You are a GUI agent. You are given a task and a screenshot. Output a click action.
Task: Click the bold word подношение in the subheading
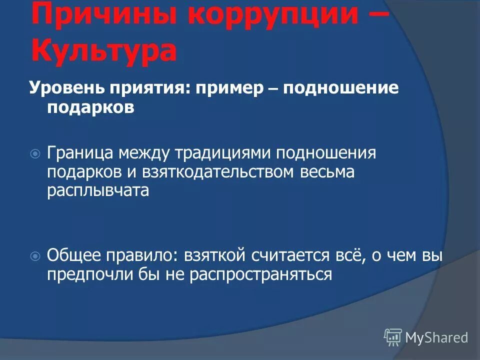(x=341, y=89)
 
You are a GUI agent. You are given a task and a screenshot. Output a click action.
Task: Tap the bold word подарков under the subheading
(x=91, y=108)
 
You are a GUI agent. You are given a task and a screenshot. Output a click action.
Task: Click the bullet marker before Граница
(x=35, y=153)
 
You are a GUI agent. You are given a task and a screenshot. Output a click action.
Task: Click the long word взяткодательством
(x=221, y=172)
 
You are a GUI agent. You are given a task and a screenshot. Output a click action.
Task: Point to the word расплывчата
(x=98, y=191)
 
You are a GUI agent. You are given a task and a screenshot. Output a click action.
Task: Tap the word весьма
(x=327, y=172)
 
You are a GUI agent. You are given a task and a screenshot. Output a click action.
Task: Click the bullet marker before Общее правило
(x=35, y=256)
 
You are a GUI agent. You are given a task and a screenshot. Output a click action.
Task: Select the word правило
(x=136, y=255)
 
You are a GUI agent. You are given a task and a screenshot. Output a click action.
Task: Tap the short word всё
(x=344, y=255)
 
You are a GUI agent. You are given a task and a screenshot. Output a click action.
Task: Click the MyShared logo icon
(x=393, y=337)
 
